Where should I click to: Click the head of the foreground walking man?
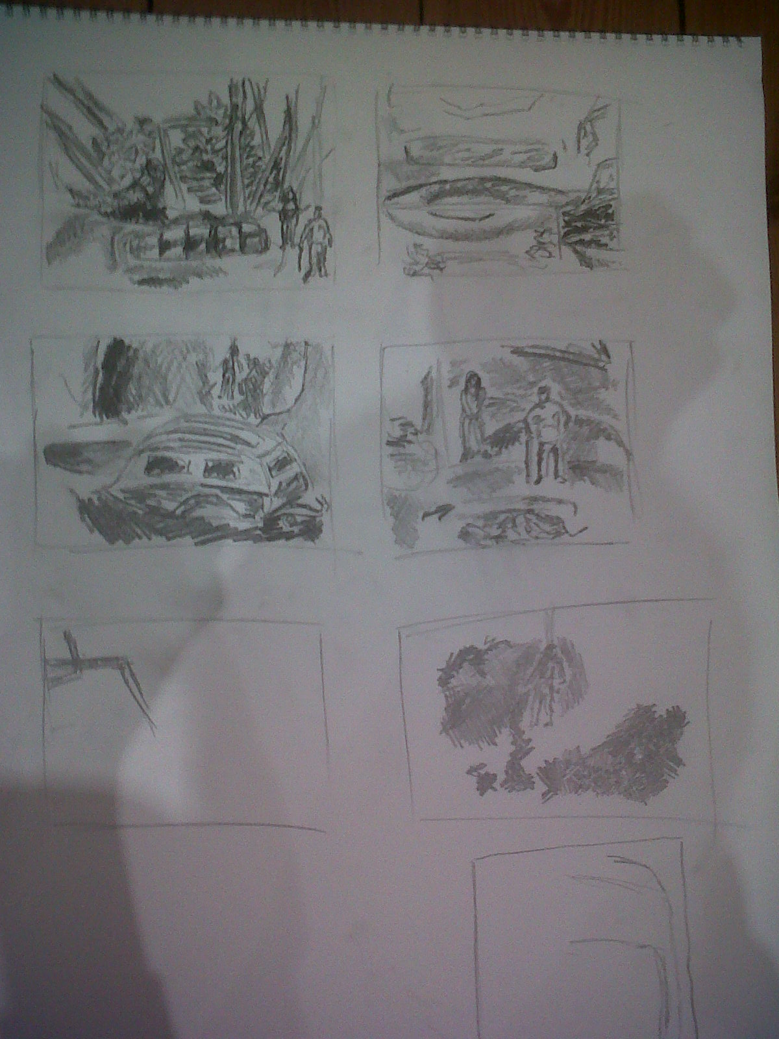pyautogui.click(x=317, y=212)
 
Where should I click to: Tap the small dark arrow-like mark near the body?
pyautogui.click(x=434, y=513)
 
